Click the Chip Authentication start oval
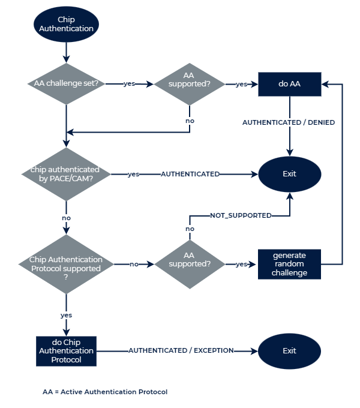coord(66,25)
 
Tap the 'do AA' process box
coord(290,84)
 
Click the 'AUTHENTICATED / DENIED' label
coord(289,122)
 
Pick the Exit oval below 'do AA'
coord(289,174)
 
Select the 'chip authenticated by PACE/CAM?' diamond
coord(65,174)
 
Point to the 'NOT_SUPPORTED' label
coord(240,215)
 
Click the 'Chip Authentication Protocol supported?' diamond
coord(65,264)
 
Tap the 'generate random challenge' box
coord(290,264)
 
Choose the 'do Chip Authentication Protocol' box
coord(66,351)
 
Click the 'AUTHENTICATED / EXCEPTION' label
coord(181,350)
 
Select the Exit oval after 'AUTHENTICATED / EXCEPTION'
coord(289,351)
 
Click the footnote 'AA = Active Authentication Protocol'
coord(104,392)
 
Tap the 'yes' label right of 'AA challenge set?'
coord(129,84)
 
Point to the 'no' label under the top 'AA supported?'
coord(190,121)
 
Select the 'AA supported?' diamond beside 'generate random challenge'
coord(190,264)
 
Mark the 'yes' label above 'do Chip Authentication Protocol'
coord(66,315)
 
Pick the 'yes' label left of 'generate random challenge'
coord(241,264)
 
